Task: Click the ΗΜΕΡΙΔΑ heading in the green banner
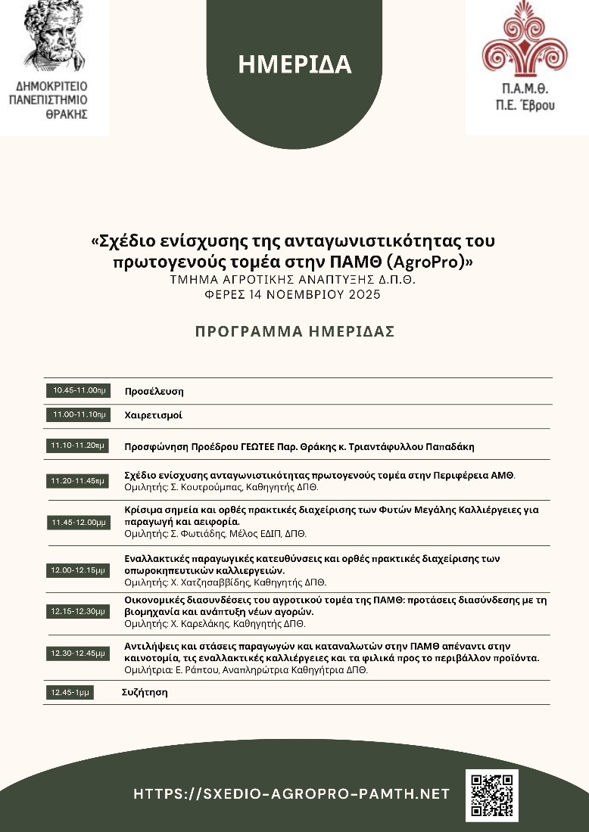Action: pyautogui.click(x=294, y=65)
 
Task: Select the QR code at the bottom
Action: pyautogui.click(x=491, y=795)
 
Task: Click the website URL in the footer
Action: pyautogui.click(x=291, y=794)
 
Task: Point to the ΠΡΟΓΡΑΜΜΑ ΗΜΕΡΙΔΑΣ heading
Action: pyautogui.click(x=294, y=331)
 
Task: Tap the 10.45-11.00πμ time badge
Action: pyautogui.click(x=79, y=390)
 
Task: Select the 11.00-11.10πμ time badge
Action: pyautogui.click(x=79, y=414)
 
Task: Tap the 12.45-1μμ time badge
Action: pyautogui.click(x=70, y=692)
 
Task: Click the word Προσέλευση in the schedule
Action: pyautogui.click(x=154, y=391)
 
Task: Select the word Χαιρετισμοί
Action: pyautogui.click(x=154, y=415)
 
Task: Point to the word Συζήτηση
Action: pyautogui.click(x=145, y=692)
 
